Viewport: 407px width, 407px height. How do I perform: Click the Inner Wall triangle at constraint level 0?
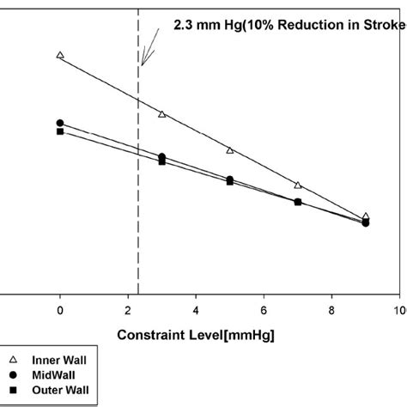coord(60,55)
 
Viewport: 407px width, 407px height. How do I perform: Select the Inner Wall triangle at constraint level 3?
coord(162,113)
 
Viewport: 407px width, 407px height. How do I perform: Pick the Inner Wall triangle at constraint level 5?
coord(230,150)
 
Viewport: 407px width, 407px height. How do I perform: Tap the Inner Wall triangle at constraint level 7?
coord(298,185)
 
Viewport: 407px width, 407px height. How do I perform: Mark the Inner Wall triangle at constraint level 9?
coord(366,217)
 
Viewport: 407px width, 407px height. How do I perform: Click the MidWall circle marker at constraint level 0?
coord(60,123)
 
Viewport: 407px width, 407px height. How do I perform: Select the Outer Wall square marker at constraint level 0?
coord(60,131)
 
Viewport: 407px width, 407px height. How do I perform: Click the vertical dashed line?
coord(138,172)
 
